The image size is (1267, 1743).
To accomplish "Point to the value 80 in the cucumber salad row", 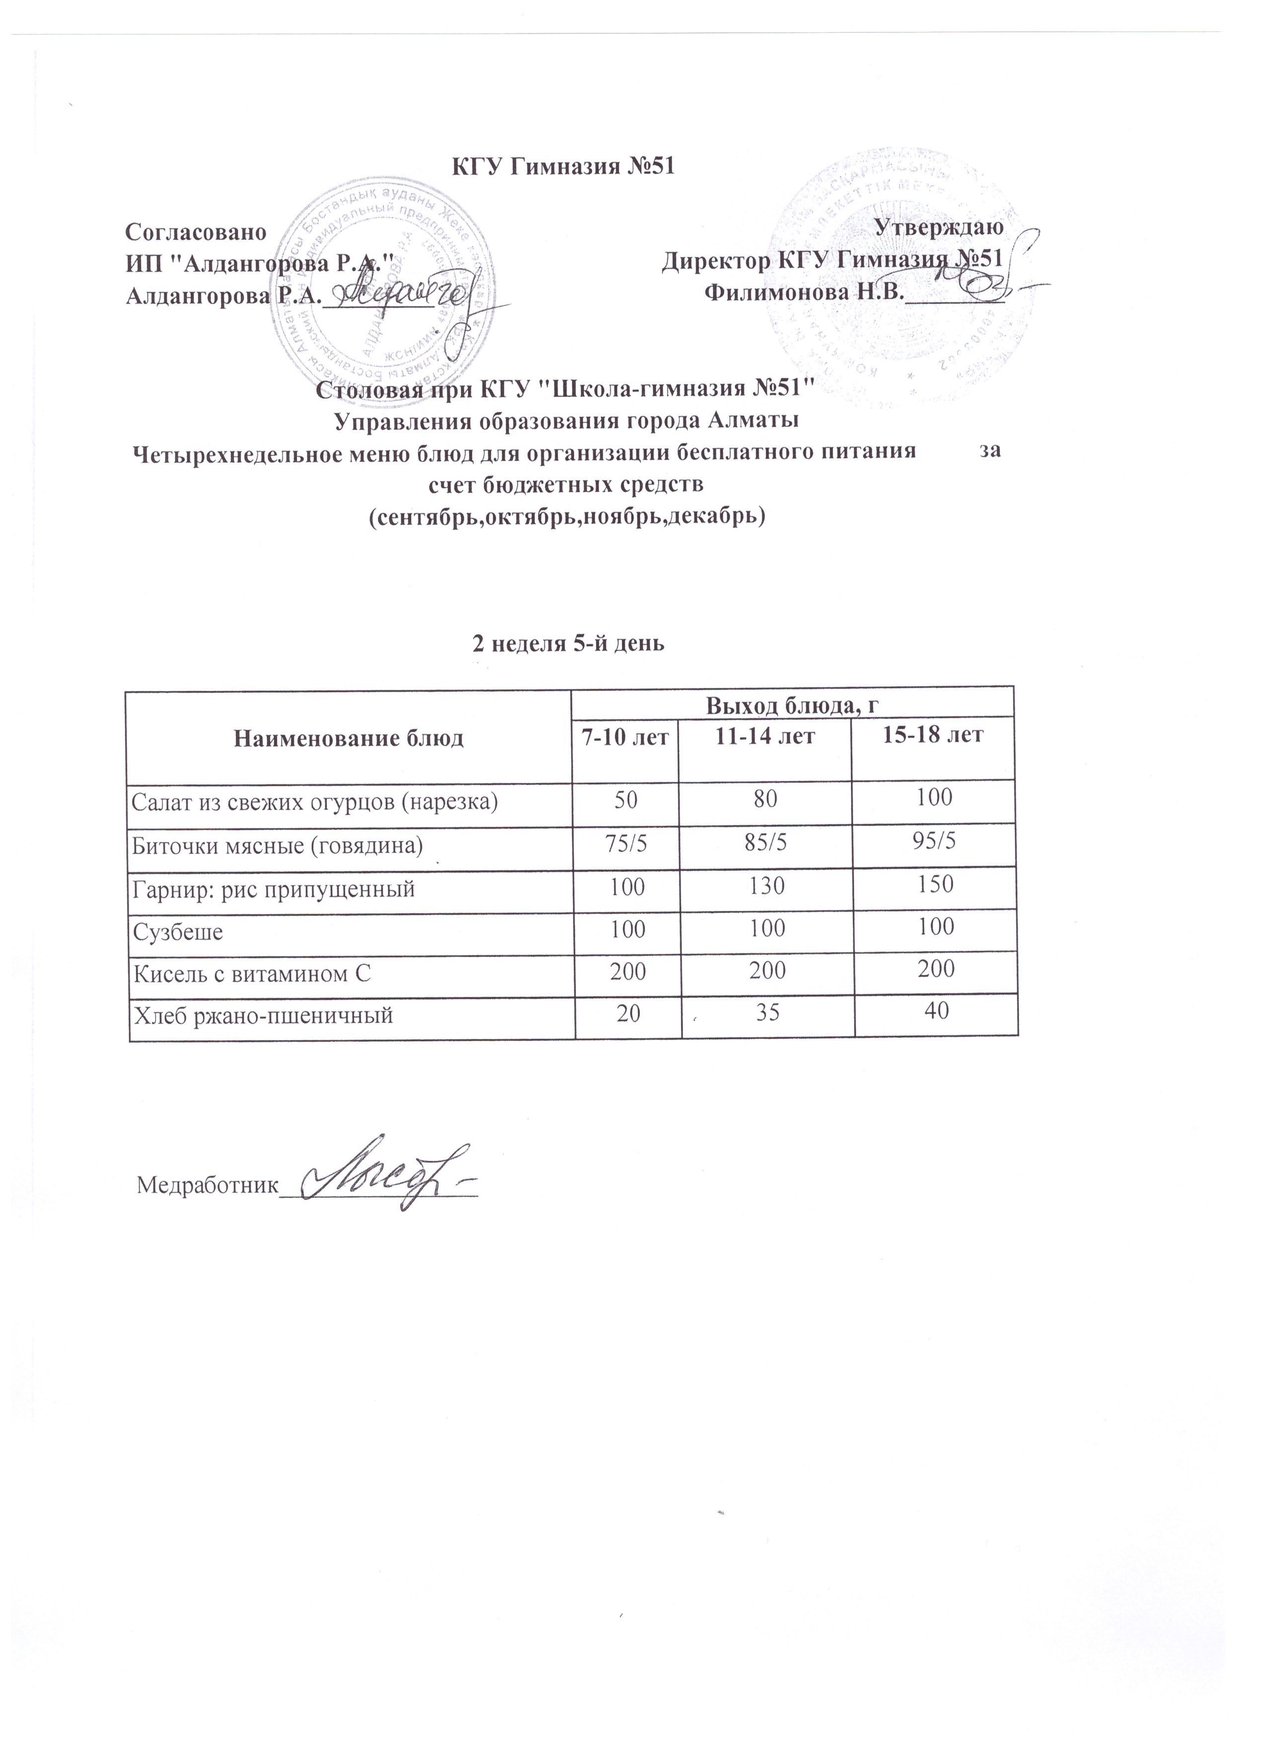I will (x=765, y=800).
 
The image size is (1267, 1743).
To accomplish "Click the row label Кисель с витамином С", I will (x=253, y=974).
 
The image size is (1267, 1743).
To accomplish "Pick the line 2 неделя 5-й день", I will (x=568, y=644).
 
